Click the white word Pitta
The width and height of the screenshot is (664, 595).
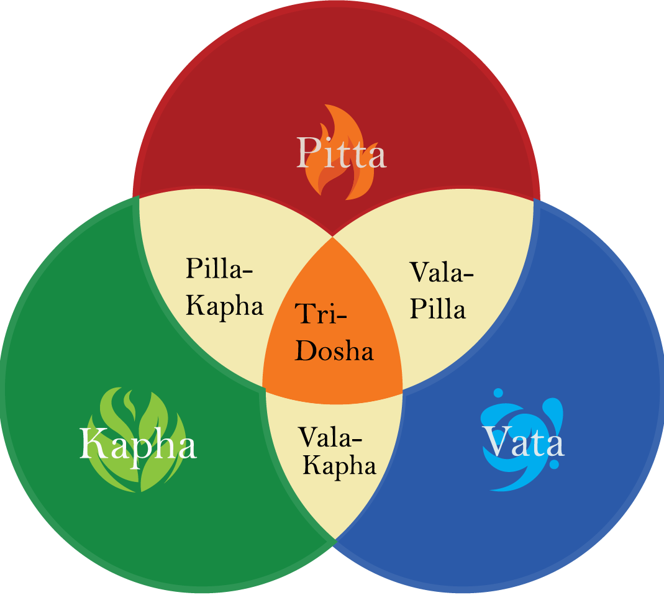point(340,153)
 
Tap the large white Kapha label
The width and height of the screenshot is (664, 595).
point(138,444)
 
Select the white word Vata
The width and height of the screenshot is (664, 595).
point(524,443)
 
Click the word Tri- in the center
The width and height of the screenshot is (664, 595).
point(321,314)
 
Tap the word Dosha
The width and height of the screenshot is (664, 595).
point(334,351)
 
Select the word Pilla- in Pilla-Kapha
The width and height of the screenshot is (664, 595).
point(222,271)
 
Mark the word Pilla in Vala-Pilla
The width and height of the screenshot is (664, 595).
point(438,309)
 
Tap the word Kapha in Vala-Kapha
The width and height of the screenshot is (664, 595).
point(339,466)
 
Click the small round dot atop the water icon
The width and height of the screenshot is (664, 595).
point(497,393)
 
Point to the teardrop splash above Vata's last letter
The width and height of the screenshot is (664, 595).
point(555,411)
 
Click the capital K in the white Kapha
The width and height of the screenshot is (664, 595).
point(93,444)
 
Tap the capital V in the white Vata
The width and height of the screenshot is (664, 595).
point(496,442)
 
